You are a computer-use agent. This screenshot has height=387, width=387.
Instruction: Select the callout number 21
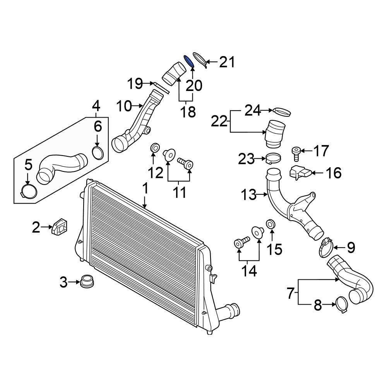pos(227,62)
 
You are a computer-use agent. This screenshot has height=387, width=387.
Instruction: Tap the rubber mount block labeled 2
pos(58,226)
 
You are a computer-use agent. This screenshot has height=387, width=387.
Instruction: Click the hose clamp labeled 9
pos(326,247)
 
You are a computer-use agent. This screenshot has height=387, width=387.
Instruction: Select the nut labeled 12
pos(154,148)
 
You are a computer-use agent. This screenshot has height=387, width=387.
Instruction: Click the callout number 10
pos(125,105)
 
